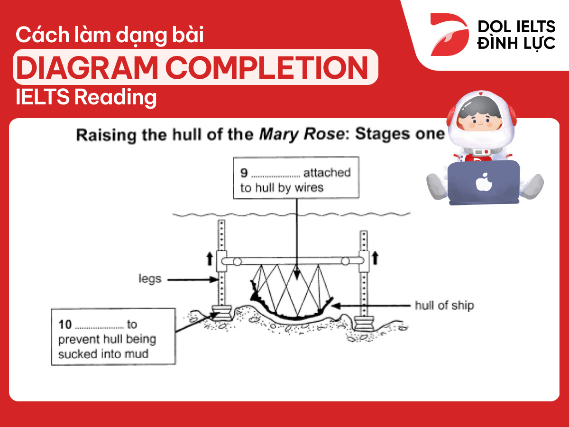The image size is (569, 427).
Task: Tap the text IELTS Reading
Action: tap(86, 97)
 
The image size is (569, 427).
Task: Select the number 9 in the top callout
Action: tap(244, 172)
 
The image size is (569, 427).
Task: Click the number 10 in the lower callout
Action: tap(64, 325)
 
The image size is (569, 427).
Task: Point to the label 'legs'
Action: tap(150, 278)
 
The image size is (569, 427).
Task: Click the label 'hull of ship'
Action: tap(444, 305)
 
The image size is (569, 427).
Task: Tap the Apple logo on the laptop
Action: tap(483, 182)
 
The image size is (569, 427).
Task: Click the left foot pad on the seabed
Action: tap(221, 314)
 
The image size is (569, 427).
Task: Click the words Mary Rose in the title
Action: tap(302, 135)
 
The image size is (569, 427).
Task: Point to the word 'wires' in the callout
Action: tap(308, 187)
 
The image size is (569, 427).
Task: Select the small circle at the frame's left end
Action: tap(237, 261)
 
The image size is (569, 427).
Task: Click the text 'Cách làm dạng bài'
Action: tap(110, 36)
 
